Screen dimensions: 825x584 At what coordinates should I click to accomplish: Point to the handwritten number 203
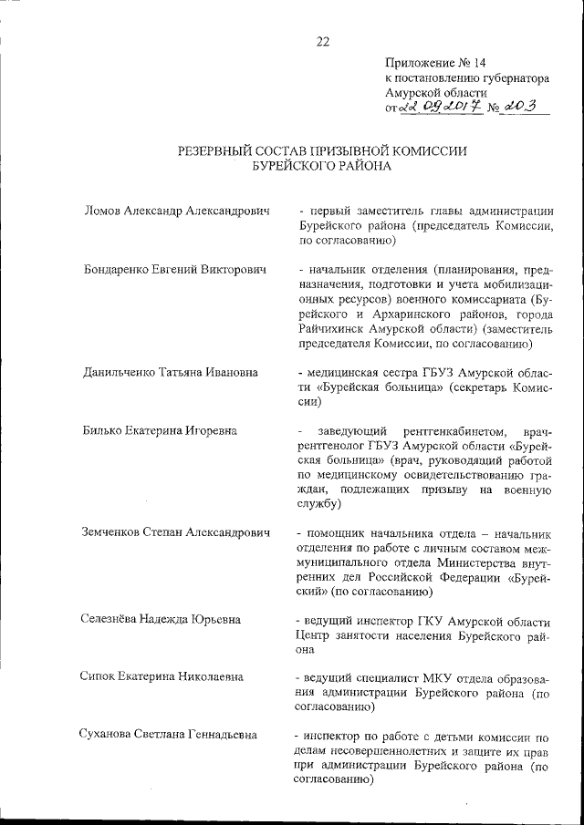[531, 107]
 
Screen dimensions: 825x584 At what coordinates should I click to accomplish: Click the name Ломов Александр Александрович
[177, 211]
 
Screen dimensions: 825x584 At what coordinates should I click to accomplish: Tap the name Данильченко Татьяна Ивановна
[170, 372]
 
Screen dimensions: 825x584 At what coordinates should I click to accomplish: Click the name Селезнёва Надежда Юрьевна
[162, 620]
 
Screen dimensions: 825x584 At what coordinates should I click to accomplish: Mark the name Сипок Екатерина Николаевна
[162, 677]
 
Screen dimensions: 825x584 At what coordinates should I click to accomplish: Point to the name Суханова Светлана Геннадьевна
[169, 735]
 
